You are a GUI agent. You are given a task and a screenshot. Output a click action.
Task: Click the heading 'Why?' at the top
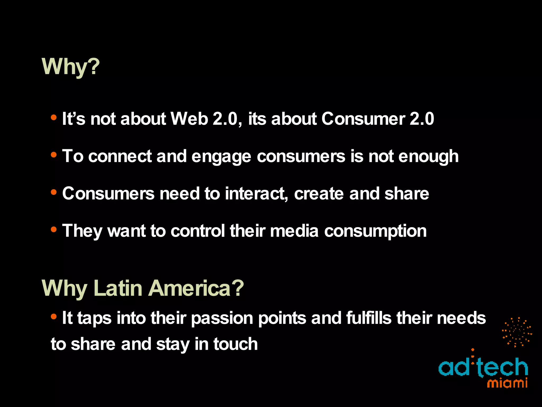(x=71, y=67)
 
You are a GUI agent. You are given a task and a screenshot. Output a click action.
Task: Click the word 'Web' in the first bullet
(x=189, y=118)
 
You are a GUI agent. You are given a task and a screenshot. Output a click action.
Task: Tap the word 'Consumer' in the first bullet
(x=363, y=118)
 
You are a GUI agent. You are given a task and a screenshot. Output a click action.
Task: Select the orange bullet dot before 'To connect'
(x=54, y=154)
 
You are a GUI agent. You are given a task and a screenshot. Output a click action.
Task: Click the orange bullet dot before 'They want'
(x=54, y=229)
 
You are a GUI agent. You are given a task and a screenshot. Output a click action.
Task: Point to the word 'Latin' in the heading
(x=118, y=288)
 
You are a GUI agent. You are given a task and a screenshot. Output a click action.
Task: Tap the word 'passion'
(x=222, y=318)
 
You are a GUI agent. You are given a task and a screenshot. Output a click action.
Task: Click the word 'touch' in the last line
(x=236, y=344)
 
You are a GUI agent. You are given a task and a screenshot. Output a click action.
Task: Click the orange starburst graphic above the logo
(x=517, y=332)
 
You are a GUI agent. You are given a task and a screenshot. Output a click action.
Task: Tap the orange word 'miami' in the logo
(x=507, y=383)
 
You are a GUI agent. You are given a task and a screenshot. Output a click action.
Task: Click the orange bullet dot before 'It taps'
(x=54, y=316)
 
